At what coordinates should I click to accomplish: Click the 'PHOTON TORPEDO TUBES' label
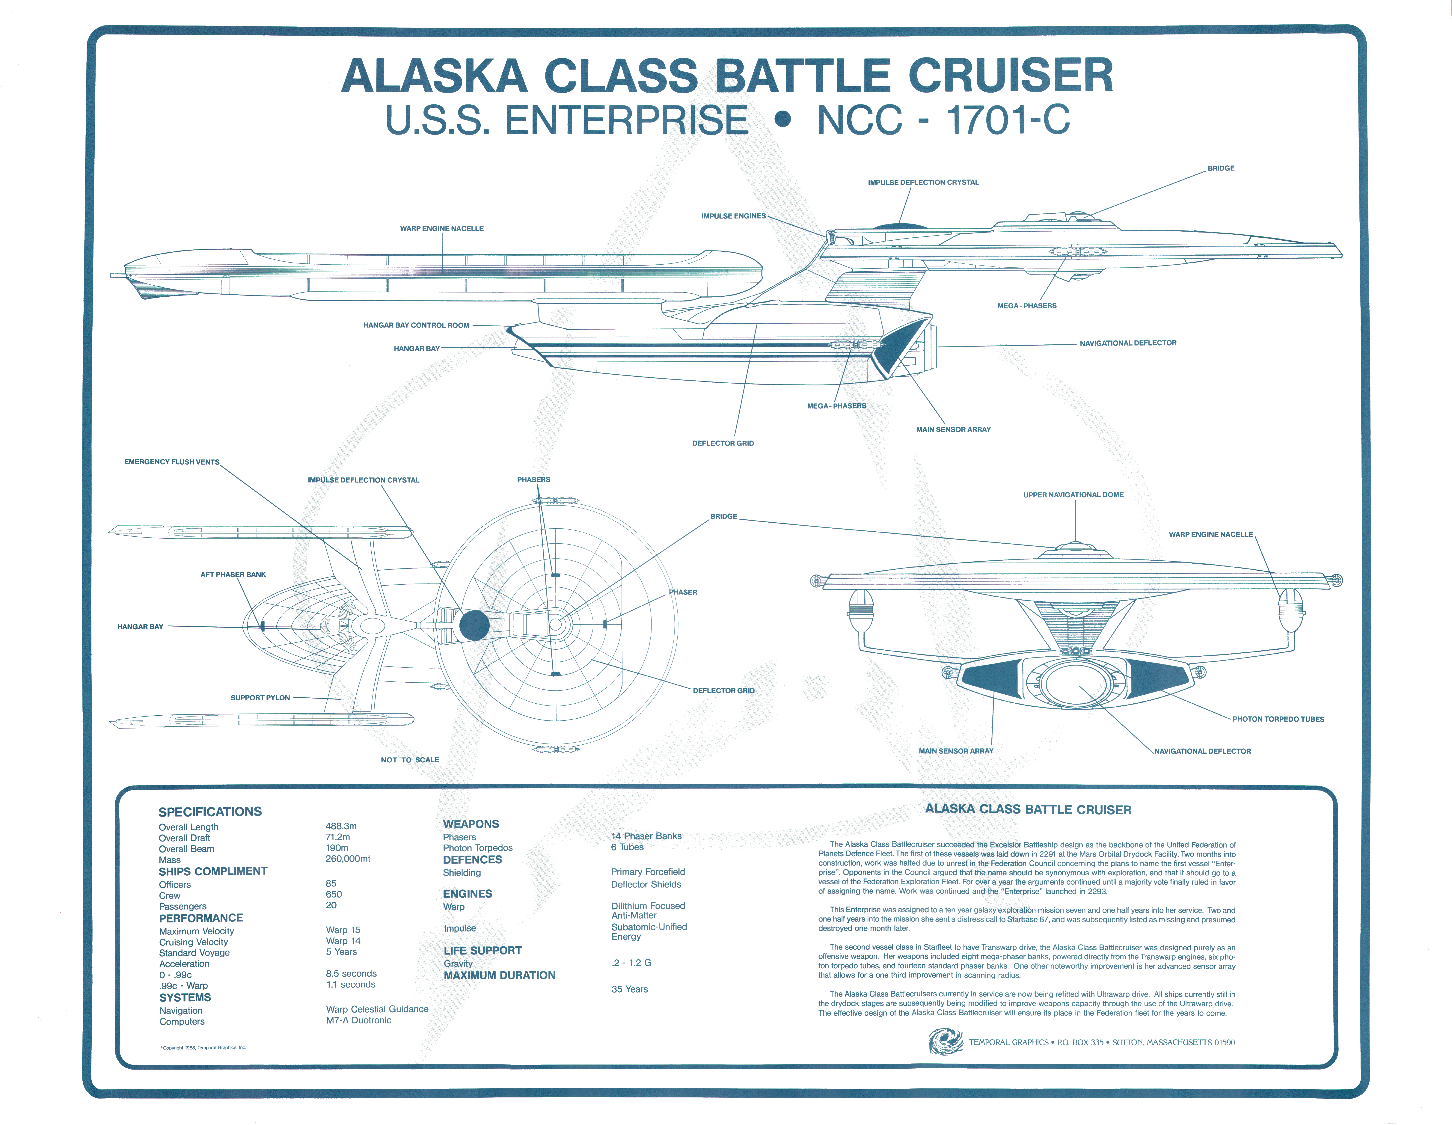pos(1278,719)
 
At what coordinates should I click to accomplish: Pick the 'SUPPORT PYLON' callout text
pos(260,697)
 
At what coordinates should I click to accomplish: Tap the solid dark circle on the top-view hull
pos(474,625)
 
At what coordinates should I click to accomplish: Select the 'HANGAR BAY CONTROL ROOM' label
pos(416,325)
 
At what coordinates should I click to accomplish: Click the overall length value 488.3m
pos(341,826)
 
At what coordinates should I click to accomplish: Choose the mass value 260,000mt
pos(348,858)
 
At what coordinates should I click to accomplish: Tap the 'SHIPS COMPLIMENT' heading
pos(213,871)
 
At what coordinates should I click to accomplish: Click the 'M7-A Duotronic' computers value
pos(358,1020)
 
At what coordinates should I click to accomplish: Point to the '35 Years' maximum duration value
pos(630,989)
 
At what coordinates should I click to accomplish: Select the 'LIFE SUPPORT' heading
pos(483,950)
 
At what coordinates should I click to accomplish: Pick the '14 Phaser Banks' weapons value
pos(646,836)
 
